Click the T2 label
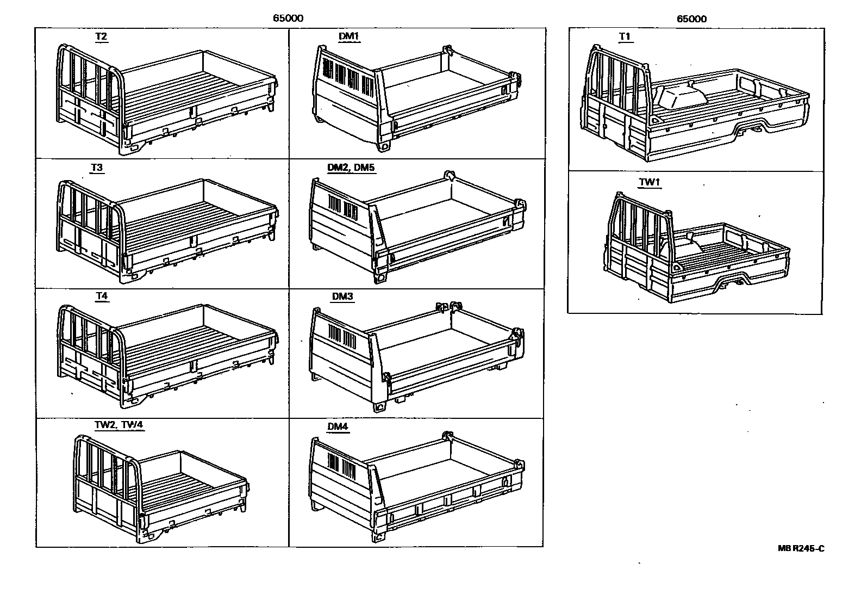coord(101,37)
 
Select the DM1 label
coord(349,37)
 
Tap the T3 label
coord(97,168)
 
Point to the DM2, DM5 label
coord(351,168)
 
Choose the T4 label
coord(102,296)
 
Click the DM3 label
coord(342,296)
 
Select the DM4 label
coord(337,426)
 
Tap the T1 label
coord(625,37)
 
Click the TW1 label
coord(649,182)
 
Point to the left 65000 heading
coord(288,18)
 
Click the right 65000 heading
coord(691,18)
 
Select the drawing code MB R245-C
coord(801,548)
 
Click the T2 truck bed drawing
coord(163,98)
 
